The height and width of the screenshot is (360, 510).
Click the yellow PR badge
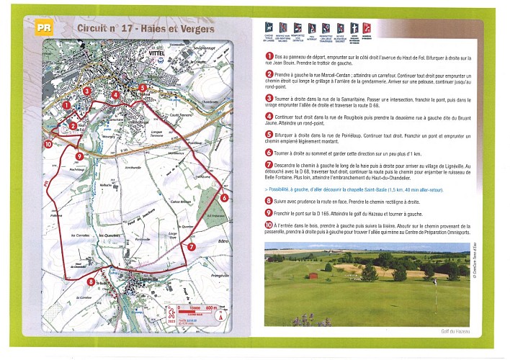pyautogui.click(x=44, y=28)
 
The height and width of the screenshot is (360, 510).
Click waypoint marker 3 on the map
pyautogui.click(x=86, y=91)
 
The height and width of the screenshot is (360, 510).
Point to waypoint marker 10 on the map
pyautogui.click(x=48, y=144)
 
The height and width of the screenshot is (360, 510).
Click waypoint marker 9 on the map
pyautogui.click(x=78, y=156)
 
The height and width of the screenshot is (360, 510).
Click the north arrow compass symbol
pyautogui.click(x=220, y=315)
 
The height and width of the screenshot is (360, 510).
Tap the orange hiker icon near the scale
pyautogui.click(x=171, y=315)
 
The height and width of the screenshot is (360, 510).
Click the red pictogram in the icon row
pyautogui.click(x=367, y=30)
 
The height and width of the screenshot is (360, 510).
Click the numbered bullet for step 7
pyautogui.click(x=269, y=165)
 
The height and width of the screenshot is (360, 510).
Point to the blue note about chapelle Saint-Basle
pyautogui.click(x=354, y=189)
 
